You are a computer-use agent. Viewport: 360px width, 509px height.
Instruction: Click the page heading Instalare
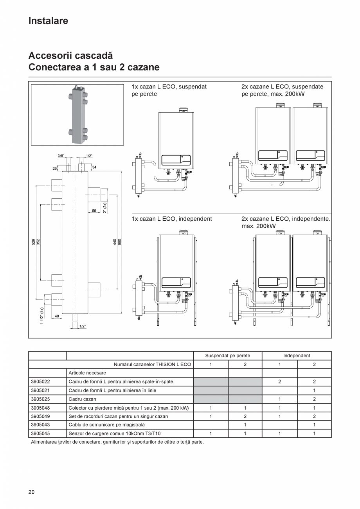point(48,21)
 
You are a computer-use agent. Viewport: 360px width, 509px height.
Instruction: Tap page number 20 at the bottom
point(31,492)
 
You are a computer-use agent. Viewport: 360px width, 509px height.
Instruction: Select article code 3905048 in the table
point(40,408)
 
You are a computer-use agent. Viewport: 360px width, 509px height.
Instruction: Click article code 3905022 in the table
point(40,381)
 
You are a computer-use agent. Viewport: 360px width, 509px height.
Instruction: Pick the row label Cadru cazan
point(82,399)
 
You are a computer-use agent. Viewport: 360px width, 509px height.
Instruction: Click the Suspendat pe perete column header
point(227,356)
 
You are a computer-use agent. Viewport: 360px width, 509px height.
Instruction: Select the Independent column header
point(297,356)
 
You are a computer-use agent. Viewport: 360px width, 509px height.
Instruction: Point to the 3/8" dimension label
point(61,155)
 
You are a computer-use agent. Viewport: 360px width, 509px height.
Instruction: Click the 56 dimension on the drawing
point(94,210)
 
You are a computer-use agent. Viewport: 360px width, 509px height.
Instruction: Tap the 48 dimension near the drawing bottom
point(57,316)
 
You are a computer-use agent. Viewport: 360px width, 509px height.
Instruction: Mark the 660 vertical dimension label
point(120,242)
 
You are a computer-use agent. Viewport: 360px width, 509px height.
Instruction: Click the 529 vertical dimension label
point(33,242)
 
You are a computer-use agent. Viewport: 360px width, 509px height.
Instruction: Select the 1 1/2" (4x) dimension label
point(41,315)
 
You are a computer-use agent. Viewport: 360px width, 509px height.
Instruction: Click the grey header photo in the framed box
point(78,114)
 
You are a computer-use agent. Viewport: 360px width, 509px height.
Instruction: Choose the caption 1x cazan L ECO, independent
point(172,219)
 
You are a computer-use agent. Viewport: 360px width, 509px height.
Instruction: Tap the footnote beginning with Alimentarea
point(117,442)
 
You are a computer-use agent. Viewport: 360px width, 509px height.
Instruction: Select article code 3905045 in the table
point(40,433)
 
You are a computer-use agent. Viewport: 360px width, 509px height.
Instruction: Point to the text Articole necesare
point(87,373)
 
